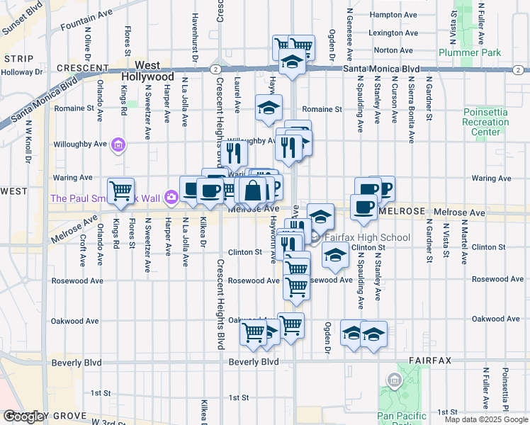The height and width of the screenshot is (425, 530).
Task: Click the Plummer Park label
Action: click(x=469, y=52)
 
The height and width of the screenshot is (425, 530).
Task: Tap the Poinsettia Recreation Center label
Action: click(x=485, y=122)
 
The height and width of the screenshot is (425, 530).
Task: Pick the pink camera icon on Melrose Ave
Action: click(x=170, y=197)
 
